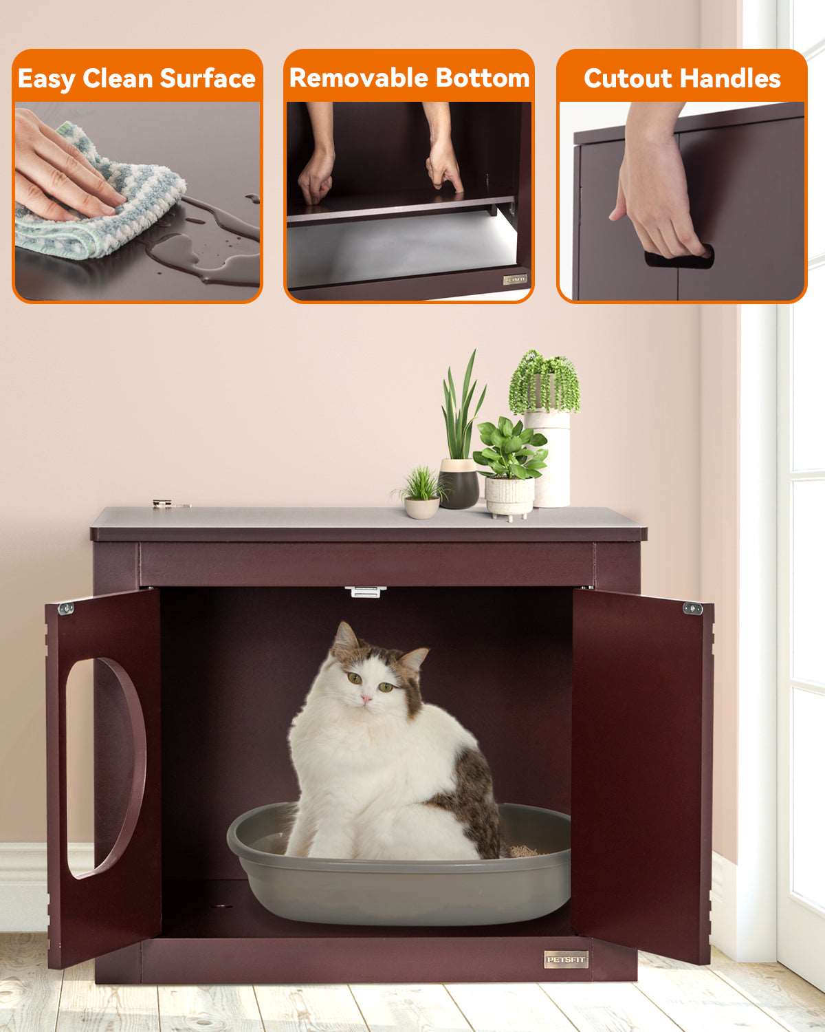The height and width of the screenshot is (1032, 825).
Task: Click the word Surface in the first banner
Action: point(207,78)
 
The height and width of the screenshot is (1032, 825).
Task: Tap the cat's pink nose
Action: point(366,699)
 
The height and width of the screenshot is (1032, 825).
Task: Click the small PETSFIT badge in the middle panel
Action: point(515,279)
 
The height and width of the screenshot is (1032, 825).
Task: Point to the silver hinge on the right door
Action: point(693,609)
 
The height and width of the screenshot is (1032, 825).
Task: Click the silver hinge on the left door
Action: point(66,609)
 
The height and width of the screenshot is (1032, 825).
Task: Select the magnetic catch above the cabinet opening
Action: point(365,591)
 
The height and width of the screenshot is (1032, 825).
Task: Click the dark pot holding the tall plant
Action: point(459,484)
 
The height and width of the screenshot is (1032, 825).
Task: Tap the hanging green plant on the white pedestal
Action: point(544,382)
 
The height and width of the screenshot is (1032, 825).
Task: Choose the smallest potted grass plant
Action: point(421,493)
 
